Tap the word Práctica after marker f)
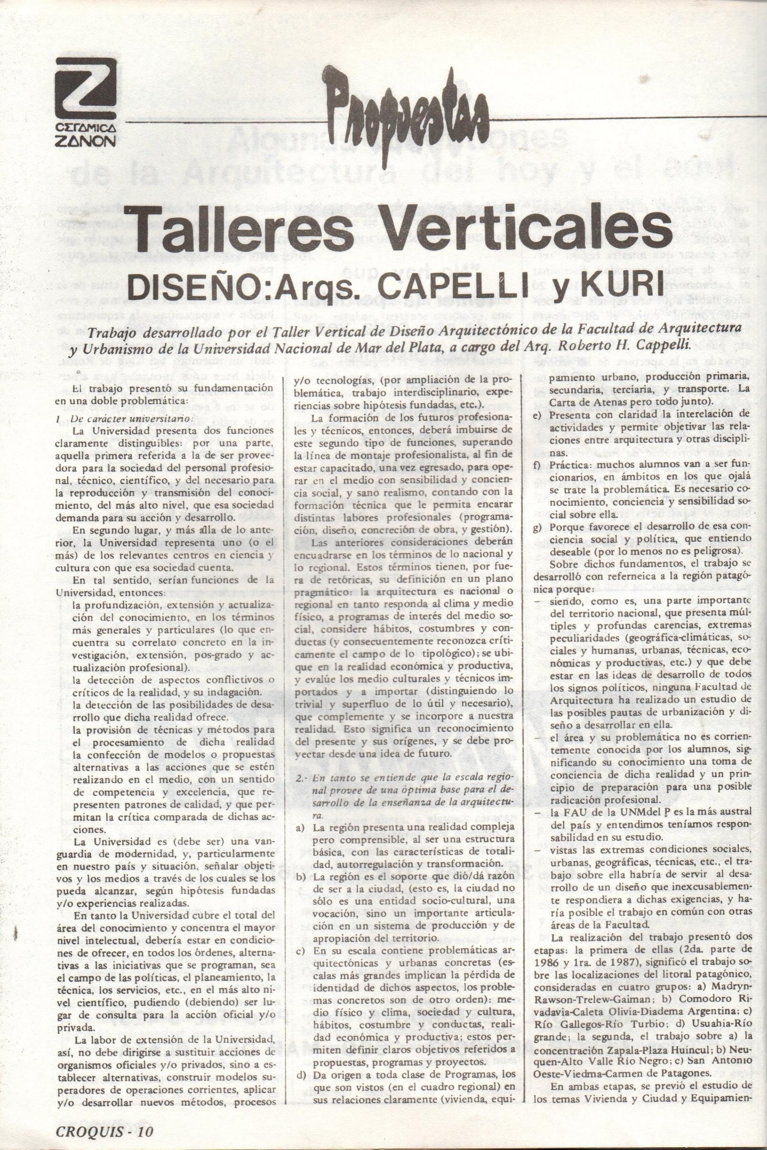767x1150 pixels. point(568,463)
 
